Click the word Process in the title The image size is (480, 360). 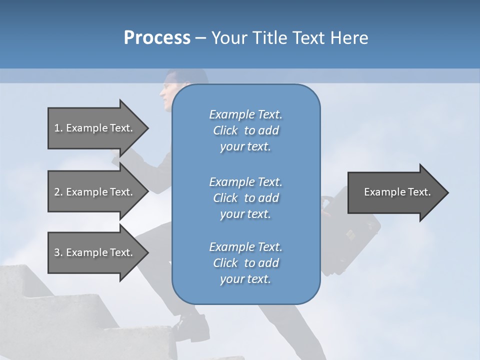pos(157,38)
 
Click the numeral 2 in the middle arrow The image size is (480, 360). pos(57,192)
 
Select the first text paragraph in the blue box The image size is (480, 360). pos(245,130)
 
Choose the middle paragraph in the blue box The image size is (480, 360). pos(245,198)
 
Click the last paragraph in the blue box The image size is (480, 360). pos(245,263)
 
